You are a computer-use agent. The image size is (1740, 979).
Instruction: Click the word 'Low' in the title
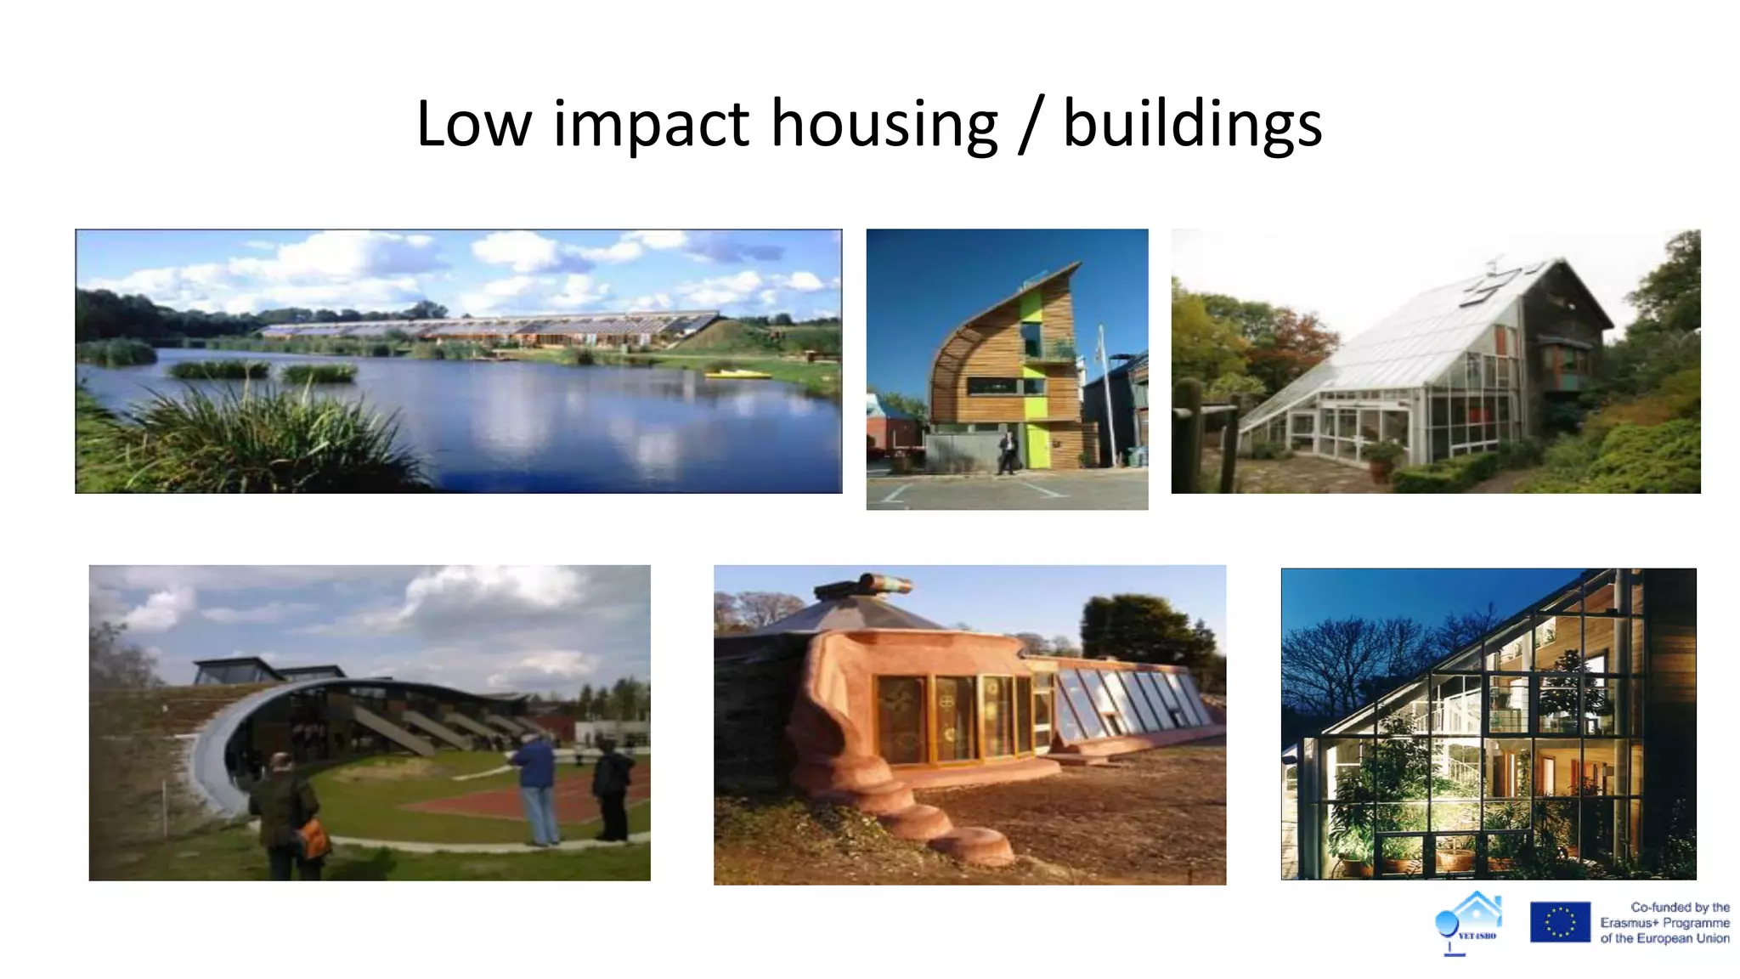pyautogui.click(x=473, y=125)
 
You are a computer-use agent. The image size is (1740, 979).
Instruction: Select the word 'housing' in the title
pyautogui.click(x=884, y=125)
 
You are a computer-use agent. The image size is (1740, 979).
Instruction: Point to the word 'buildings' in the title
pyautogui.click(x=1192, y=125)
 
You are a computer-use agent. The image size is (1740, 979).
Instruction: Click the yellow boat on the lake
pyautogui.click(x=738, y=374)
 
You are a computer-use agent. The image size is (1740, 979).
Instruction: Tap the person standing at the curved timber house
pyautogui.click(x=1007, y=453)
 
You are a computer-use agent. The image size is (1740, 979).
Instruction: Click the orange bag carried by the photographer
pyautogui.click(x=314, y=840)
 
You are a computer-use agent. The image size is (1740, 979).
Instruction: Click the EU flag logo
pyautogui.click(x=1559, y=922)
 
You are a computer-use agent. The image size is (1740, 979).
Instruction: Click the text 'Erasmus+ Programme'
pyautogui.click(x=1664, y=923)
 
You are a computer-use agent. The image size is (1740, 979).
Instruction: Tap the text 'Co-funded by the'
pyautogui.click(x=1680, y=907)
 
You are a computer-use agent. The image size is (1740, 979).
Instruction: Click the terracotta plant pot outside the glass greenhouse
pyautogui.click(x=1381, y=467)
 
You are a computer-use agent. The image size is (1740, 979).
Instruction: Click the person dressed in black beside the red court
pyautogui.click(x=612, y=790)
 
